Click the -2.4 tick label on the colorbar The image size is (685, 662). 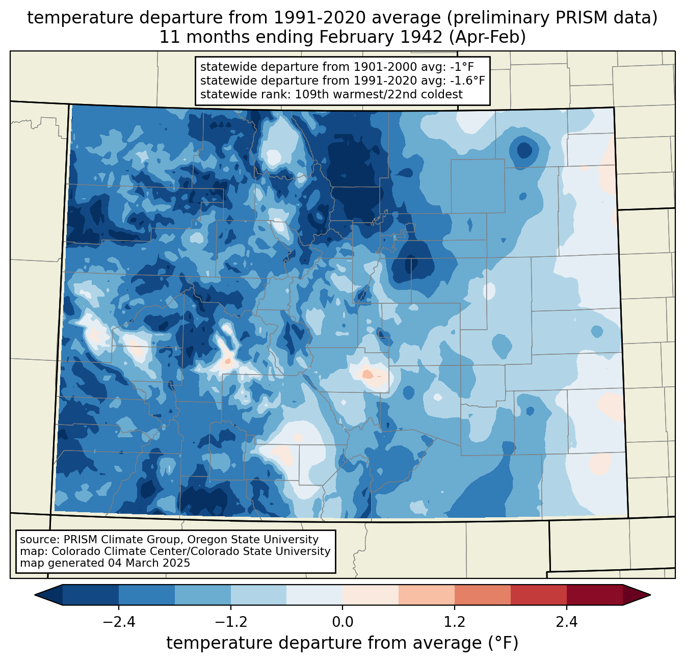coord(119,622)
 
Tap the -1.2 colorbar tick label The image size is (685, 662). coord(231,622)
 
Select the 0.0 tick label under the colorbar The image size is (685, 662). coord(342,622)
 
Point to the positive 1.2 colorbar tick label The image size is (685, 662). coord(455,622)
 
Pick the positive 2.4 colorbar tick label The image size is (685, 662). coord(566,622)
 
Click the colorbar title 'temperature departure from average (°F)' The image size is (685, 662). coord(342,643)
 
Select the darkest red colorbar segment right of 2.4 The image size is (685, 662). coord(594,595)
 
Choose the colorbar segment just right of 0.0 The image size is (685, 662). coord(371,595)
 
